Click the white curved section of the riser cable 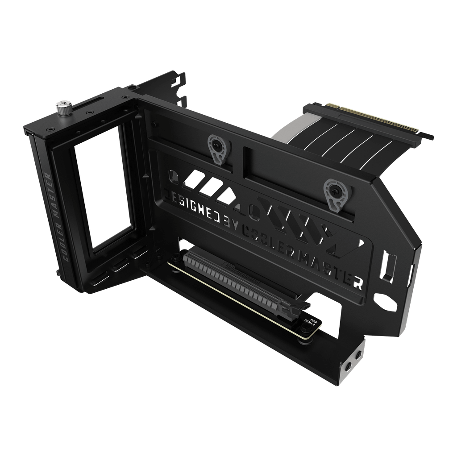pos(286,134)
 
